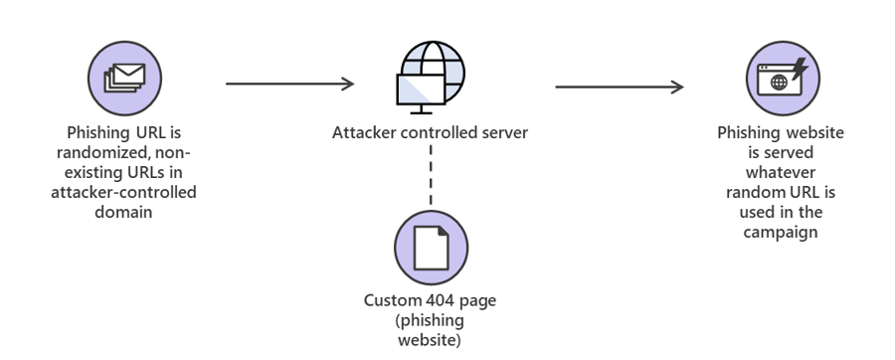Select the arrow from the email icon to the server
(x=289, y=85)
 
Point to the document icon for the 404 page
(x=431, y=248)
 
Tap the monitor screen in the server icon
(x=418, y=91)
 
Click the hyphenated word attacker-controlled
(x=124, y=191)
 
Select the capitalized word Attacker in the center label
(x=364, y=132)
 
